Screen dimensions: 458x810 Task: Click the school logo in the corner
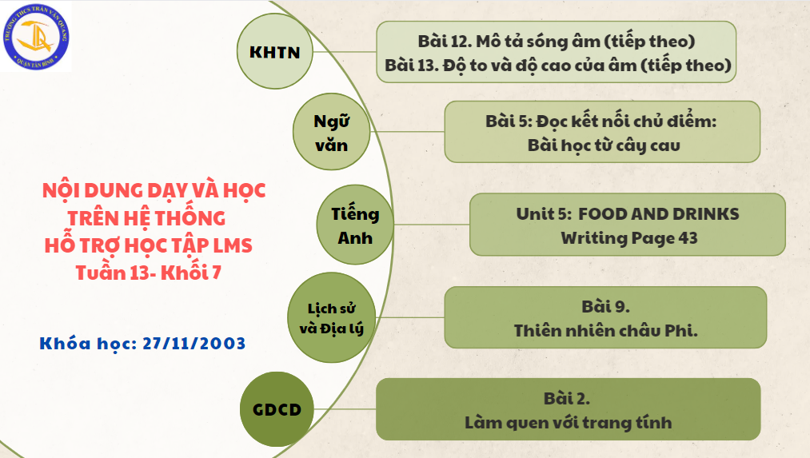(37, 37)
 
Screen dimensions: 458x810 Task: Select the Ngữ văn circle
(331, 133)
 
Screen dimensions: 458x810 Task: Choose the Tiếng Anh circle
(354, 226)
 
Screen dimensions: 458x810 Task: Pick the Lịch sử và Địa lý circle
(329, 317)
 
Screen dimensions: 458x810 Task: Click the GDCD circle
(272, 410)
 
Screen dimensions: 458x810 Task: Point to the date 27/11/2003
(194, 343)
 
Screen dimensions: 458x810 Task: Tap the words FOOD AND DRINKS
(658, 213)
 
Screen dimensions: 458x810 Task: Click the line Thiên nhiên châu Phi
(606, 330)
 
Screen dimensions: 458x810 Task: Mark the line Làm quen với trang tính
(568, 421)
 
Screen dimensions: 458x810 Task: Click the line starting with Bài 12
(556, 41)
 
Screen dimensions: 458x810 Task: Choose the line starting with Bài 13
(557, 65)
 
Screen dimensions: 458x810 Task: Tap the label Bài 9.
(606, 306)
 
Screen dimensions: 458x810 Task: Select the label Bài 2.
(568, 397)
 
